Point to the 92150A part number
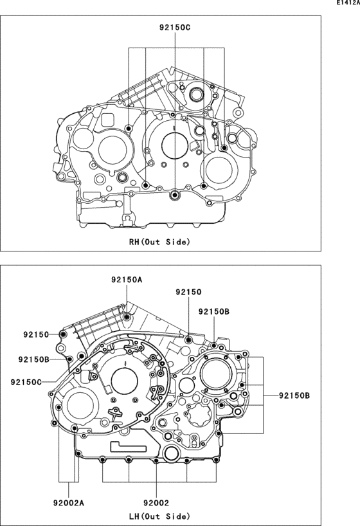pyautogui.click(x=127, y=280)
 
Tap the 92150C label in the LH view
pyautogui.click(x=26, y=382)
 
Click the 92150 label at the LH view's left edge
pyautogui.click(x=36, y=334)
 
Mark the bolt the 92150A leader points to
pyautogui.click(x=127, y=317)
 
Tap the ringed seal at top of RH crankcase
pyautogui.click(x=195, y=95)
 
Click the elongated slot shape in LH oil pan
pyautogui.click(x=130, y=446)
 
